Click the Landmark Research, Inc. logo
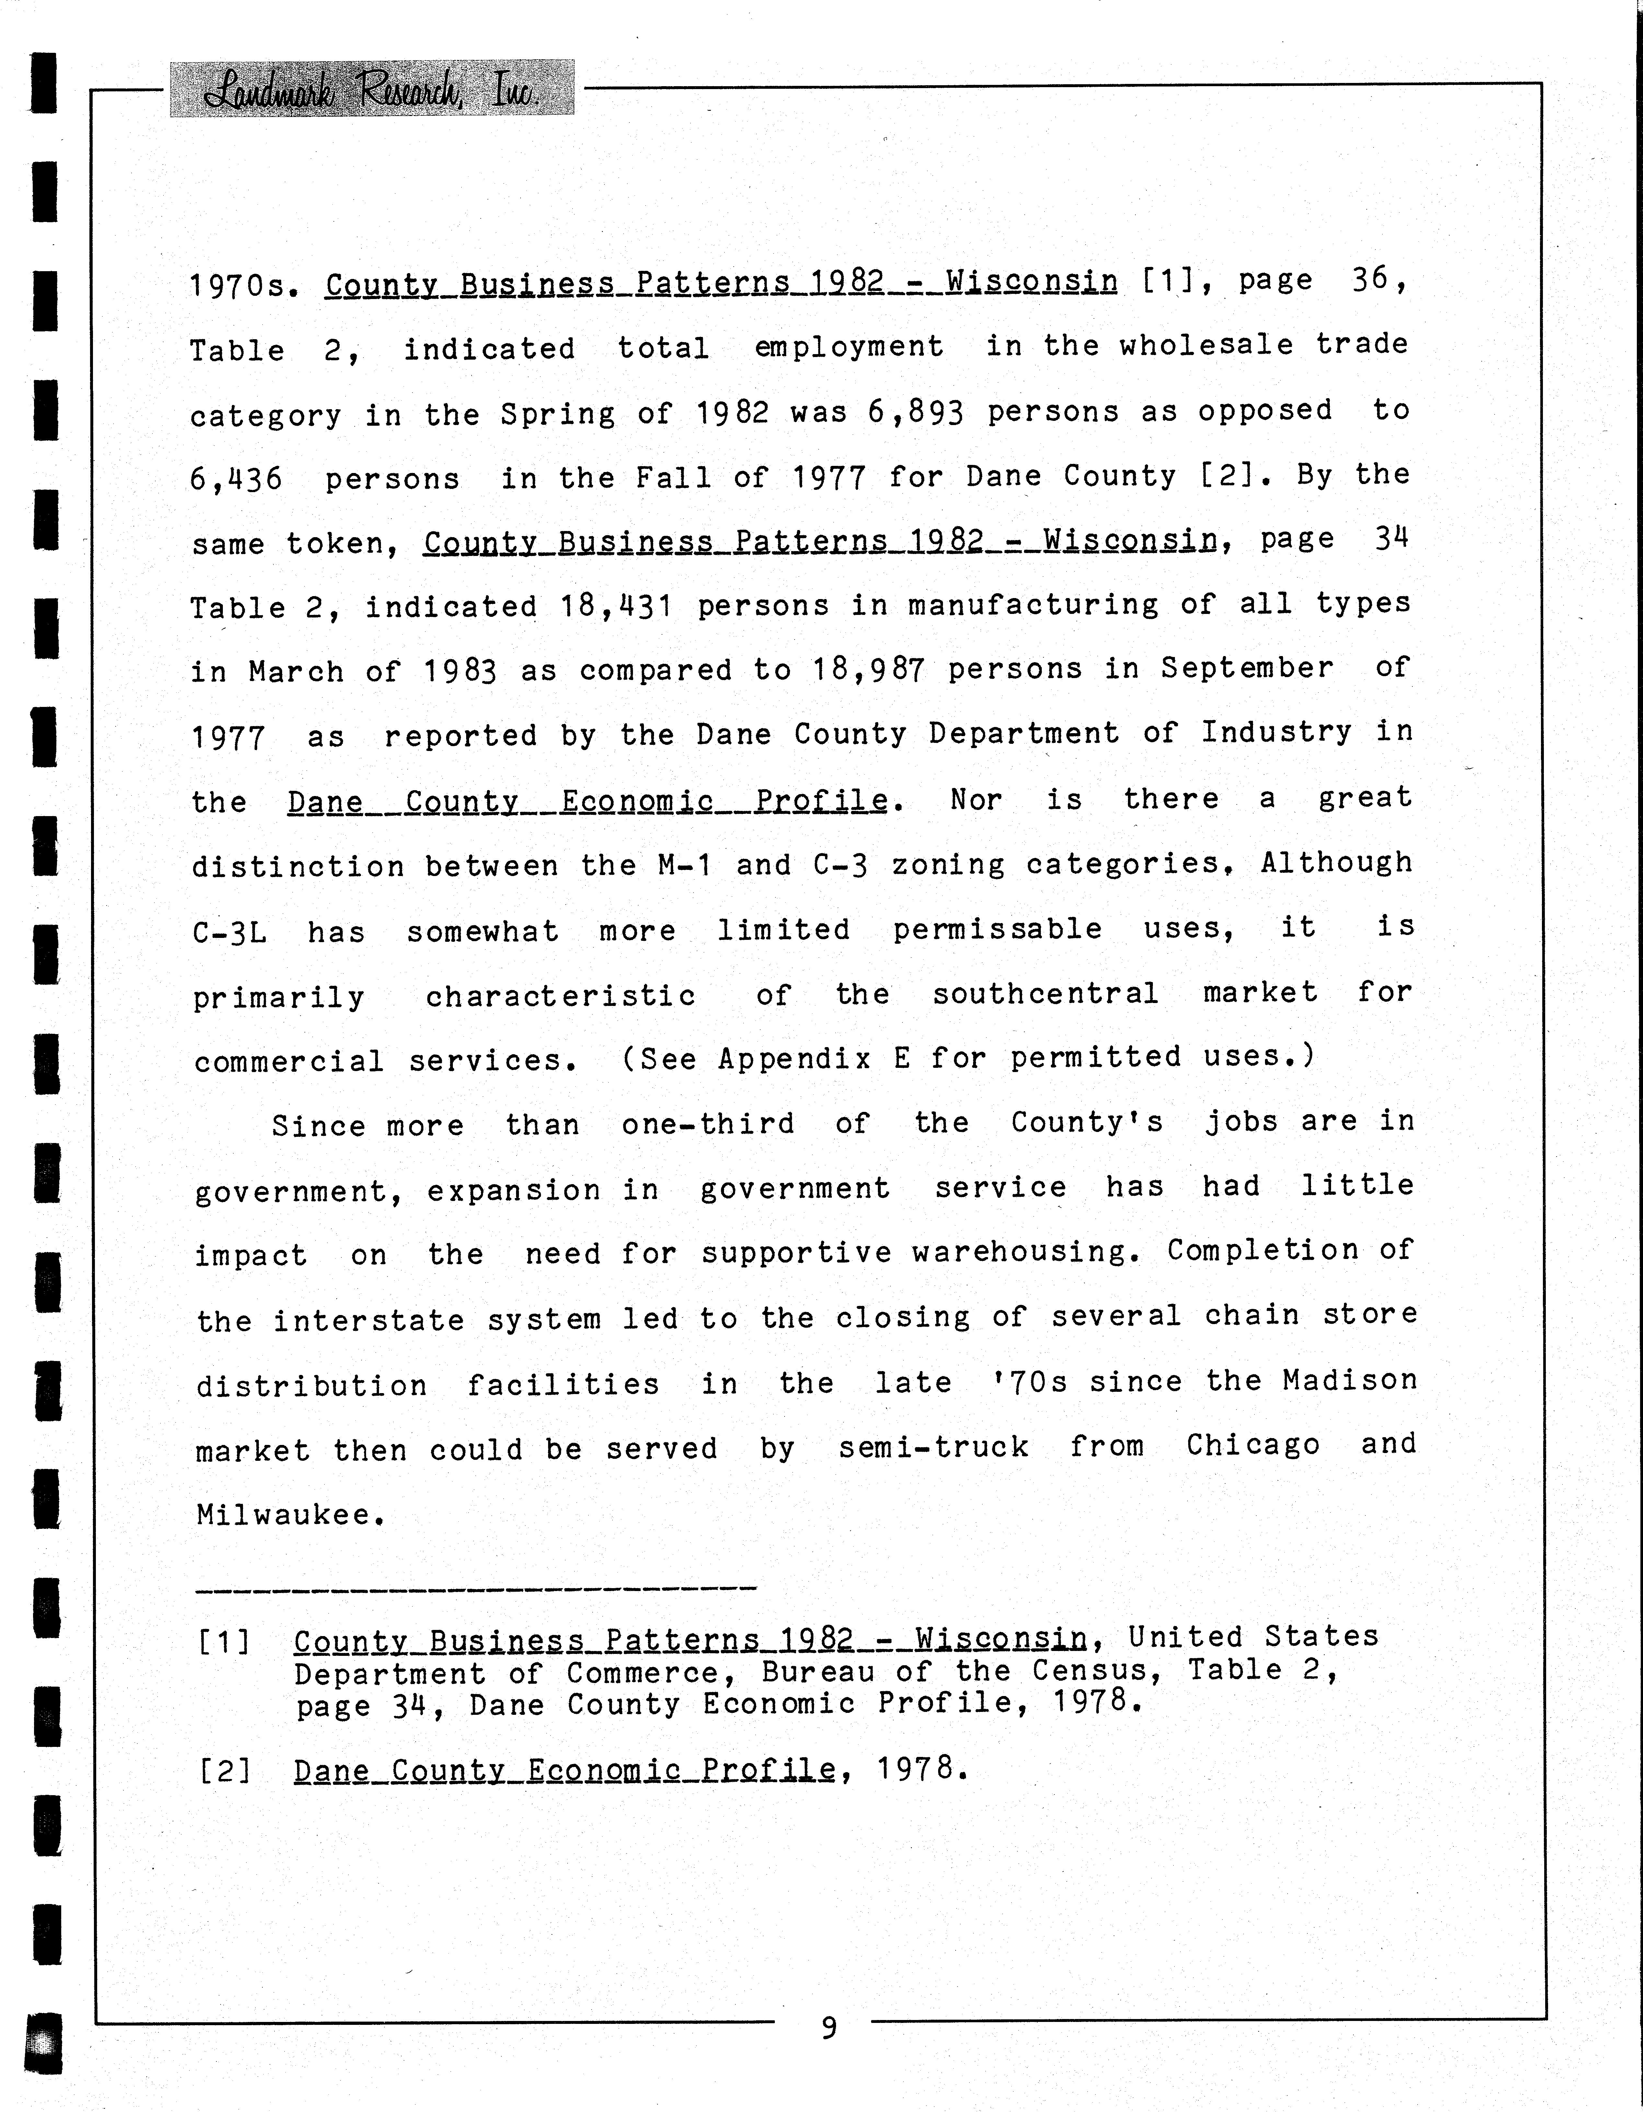[371, 89]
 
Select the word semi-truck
[932, 1448]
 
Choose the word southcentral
[1044, 994]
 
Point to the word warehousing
[1019, 1252]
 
